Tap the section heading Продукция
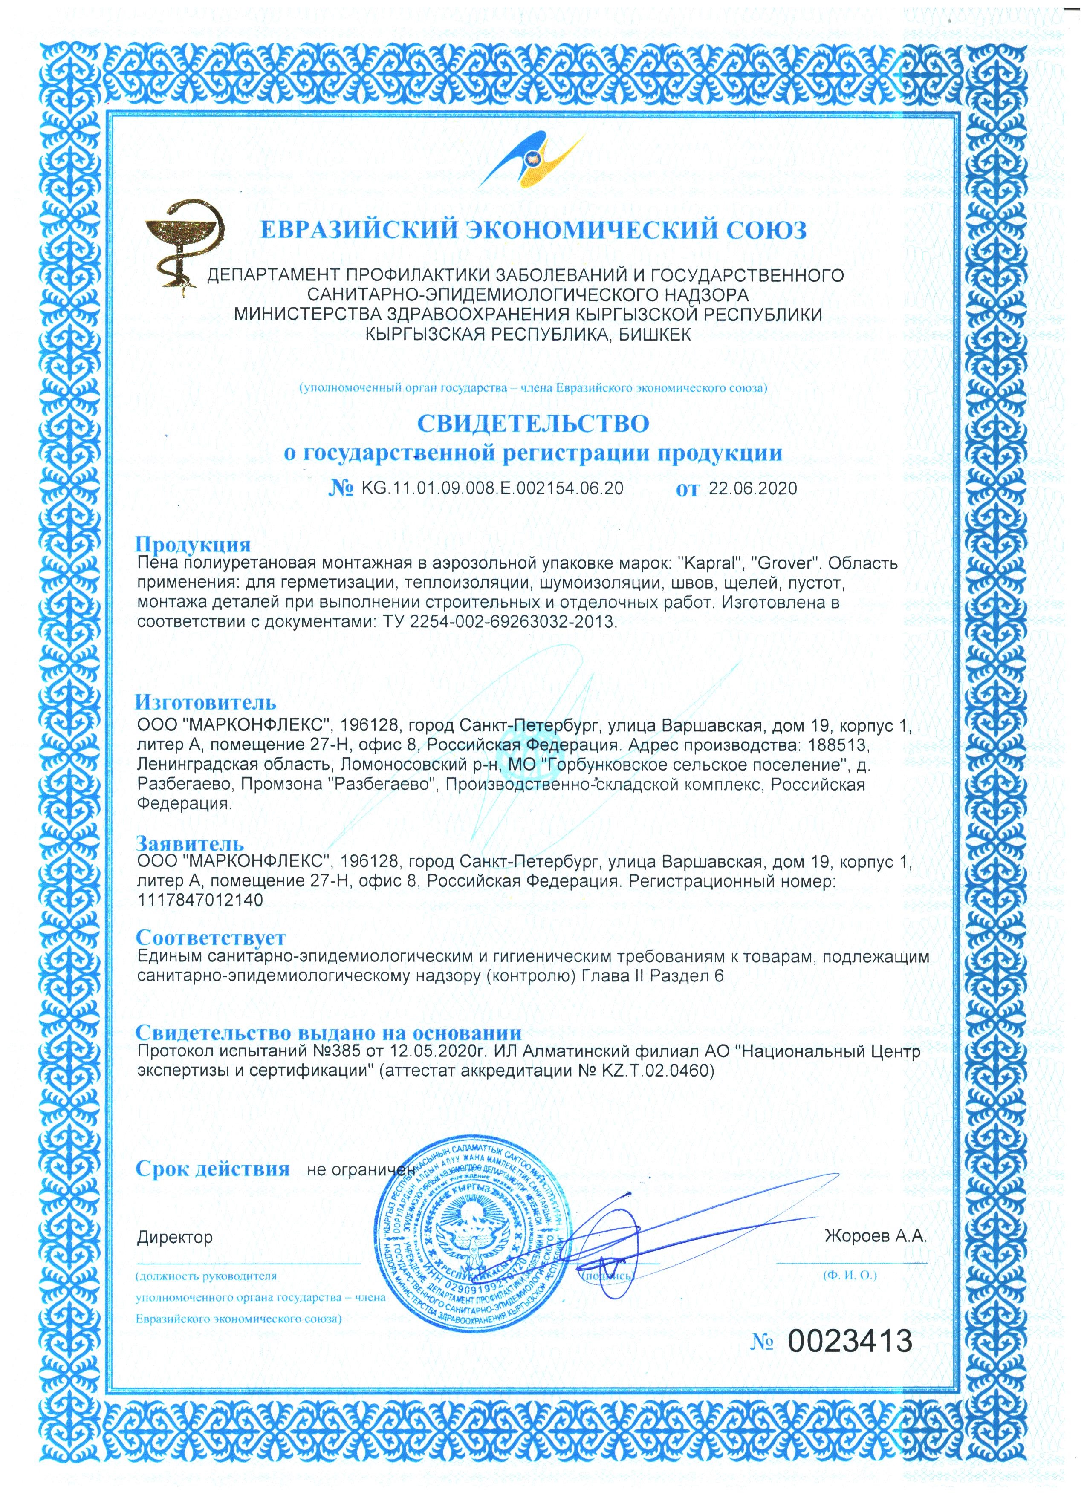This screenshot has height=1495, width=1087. click(x=193, y=545)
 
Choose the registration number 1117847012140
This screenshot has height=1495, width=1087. click(x=200, y=900)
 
